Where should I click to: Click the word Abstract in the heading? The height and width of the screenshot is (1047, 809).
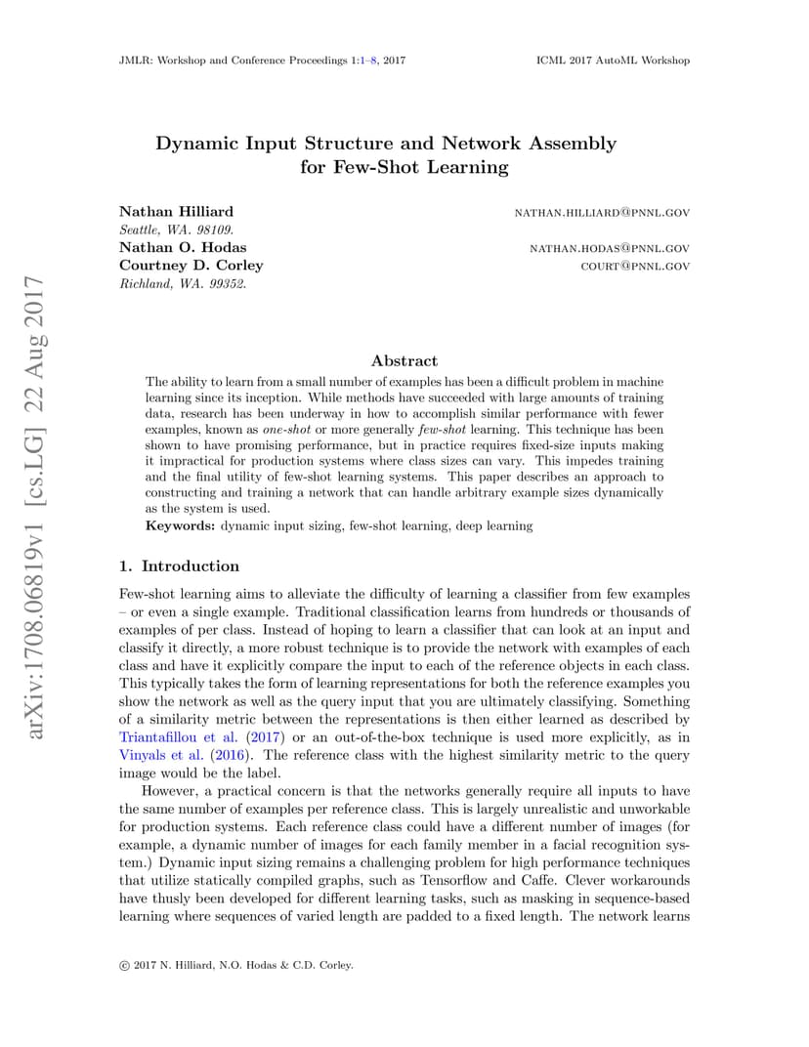(x=404, y=360)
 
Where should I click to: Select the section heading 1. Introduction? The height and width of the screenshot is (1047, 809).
(x=179, y=566)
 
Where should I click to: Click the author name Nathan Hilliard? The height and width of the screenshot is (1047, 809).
(x=176, y=212)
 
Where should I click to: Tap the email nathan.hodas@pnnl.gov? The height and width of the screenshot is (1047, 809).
(x=610, y=249)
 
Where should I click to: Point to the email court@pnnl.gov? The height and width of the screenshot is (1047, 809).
(x=635, y=267)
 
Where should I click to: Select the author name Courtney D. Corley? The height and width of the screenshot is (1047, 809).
(x=191, y=266)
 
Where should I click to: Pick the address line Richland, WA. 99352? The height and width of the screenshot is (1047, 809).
(x=183, y=284)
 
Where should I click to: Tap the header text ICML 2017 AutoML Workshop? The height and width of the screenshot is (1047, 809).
(x=613, y=61)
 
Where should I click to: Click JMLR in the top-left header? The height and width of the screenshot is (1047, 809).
(x=133, y=61)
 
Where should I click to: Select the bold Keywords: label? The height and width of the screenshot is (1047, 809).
(x=180, y=525)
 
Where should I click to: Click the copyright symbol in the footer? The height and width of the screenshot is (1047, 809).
(x=124, y=965)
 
